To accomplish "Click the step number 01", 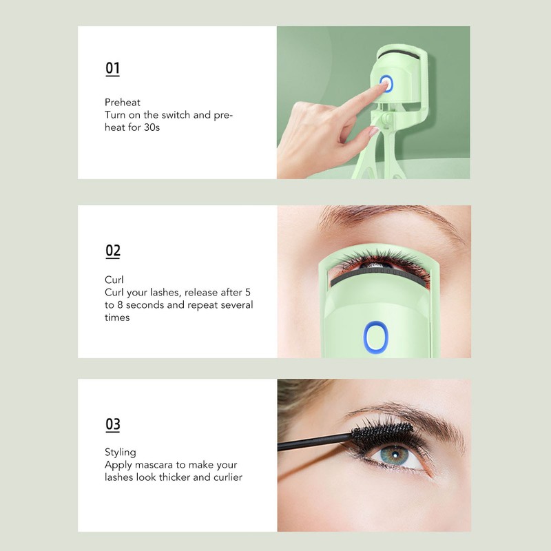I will pos(112,68).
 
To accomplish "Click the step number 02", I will pos(113,251).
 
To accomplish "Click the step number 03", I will pos(113,424).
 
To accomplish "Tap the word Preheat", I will pos(123,103).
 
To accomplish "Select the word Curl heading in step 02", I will pos(114,280).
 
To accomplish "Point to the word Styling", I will pos(121,453).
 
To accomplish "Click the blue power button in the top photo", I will pos(385,84).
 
